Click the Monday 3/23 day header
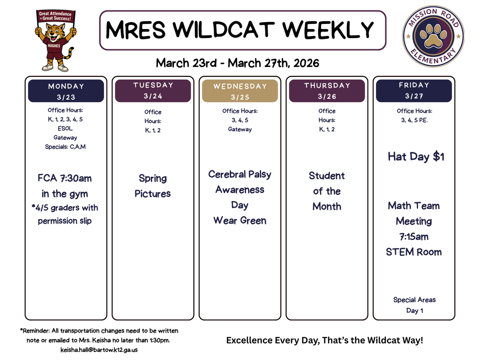point(66,91)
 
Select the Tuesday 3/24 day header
point(153,90)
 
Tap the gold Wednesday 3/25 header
point(240,91)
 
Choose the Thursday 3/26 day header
point(327,91)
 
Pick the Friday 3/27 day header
point(414,90)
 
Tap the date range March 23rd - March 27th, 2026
point(237,63)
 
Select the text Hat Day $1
point(416,157)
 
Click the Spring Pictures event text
point(153,186)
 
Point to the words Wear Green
point(240,220)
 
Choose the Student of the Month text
point(327,191)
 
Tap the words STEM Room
point(414,252)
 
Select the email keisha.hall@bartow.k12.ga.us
point(99,350)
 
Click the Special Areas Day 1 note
point(414,305)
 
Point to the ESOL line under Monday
point(65,128)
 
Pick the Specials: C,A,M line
point(65,147)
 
